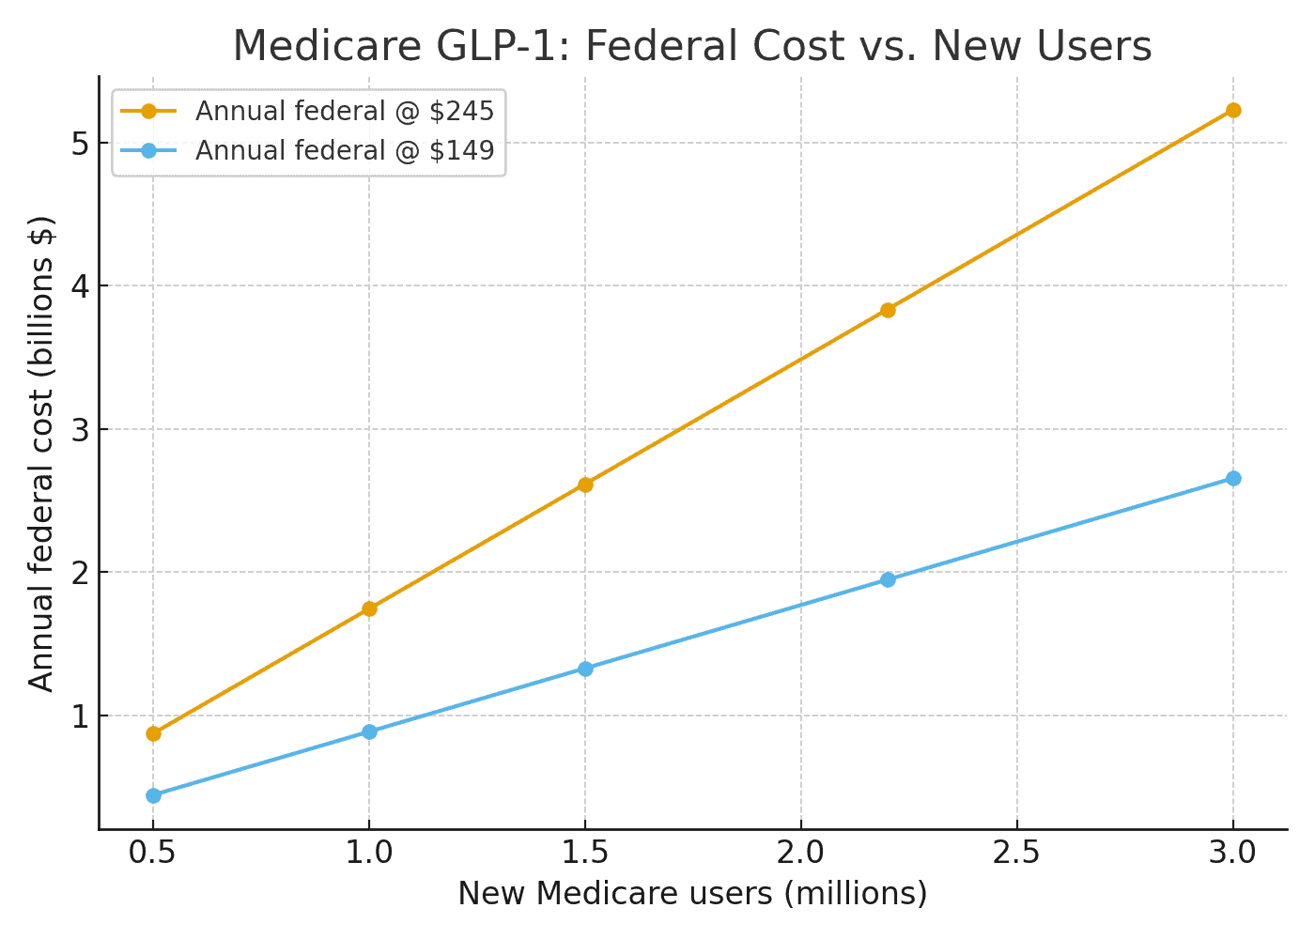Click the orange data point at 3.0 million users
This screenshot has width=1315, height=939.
tap(1233, 111)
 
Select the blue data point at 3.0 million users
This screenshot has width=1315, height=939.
tap(1233, 479)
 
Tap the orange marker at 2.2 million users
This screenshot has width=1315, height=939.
tap(888, 310)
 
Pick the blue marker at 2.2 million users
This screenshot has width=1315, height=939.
tap(888, 579)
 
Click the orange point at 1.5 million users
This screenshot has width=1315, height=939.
tap(585, 485)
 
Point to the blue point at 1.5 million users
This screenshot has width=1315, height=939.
tap(585, 669)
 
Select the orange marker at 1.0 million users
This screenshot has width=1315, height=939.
tap(369, 608)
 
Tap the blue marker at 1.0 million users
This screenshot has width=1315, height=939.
tap(369, 731)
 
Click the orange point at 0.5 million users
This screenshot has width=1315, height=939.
tap(153, 733)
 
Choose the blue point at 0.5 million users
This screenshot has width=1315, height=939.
tap(153, 795)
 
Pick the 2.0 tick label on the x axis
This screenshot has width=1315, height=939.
tap(800, 853)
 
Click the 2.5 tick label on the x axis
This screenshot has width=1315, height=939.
tap(1016, 853)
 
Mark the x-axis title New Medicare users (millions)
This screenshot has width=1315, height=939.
tap(692, 894)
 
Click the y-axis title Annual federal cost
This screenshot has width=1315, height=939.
tap(41, 454)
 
